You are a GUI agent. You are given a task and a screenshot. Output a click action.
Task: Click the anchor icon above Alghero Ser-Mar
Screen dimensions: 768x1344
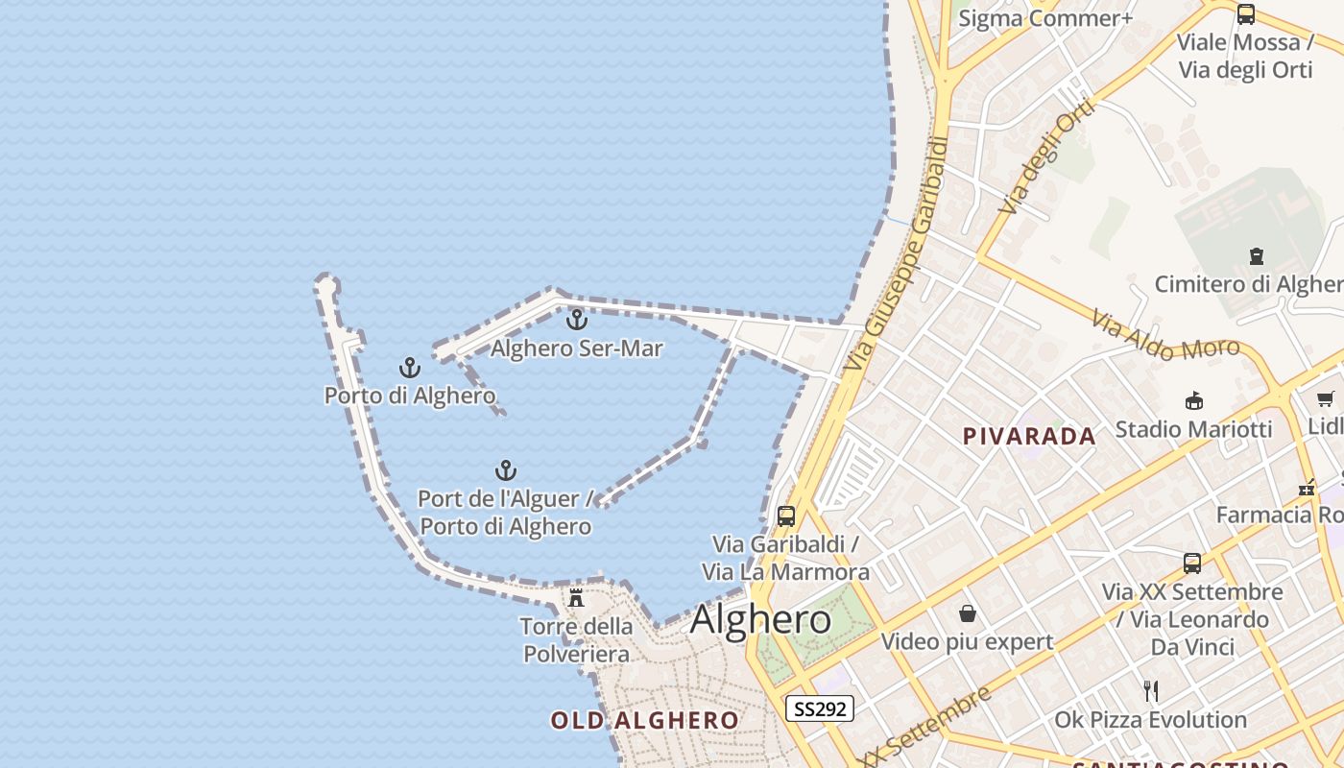tap(577, 320)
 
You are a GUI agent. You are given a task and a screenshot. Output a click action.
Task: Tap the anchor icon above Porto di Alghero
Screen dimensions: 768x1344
tap(410, 368)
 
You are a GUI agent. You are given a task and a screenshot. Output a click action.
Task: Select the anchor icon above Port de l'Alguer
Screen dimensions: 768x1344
tap(506, 470)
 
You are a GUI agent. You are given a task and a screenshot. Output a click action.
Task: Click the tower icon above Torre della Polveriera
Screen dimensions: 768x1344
tap(576, 598)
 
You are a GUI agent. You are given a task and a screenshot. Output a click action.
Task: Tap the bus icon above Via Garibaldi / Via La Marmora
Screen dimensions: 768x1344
tap(786, 516)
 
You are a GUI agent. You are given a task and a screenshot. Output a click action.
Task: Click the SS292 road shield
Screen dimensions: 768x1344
tap(820, 709)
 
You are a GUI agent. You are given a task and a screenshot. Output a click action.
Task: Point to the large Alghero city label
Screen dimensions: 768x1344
tap(760, 619)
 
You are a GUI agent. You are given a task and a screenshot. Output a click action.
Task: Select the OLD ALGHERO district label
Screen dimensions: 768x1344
tap(645, 720)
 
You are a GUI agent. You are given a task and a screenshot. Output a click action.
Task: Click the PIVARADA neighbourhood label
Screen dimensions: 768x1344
tap(1029, 437)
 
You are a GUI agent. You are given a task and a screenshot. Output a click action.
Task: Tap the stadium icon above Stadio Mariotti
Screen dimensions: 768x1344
tap(1194, 400)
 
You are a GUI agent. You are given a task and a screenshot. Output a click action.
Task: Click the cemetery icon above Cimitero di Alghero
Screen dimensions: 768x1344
tap(1256, 256)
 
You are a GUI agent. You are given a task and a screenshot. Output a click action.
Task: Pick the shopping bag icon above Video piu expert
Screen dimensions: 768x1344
tap(968, 613)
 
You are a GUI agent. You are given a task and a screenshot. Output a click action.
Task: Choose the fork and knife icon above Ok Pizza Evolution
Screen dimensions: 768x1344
tap(1151, 690)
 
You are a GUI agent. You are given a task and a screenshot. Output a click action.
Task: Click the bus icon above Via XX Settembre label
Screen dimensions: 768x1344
tap(1192, 564)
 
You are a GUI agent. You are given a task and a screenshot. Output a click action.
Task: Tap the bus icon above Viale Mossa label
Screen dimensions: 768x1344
tap(1246, 14)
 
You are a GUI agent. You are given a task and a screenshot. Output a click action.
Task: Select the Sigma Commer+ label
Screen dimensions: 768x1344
tap(1045, 18)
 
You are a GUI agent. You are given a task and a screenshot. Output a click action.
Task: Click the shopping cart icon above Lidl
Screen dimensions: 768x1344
tap(1326, 399)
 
